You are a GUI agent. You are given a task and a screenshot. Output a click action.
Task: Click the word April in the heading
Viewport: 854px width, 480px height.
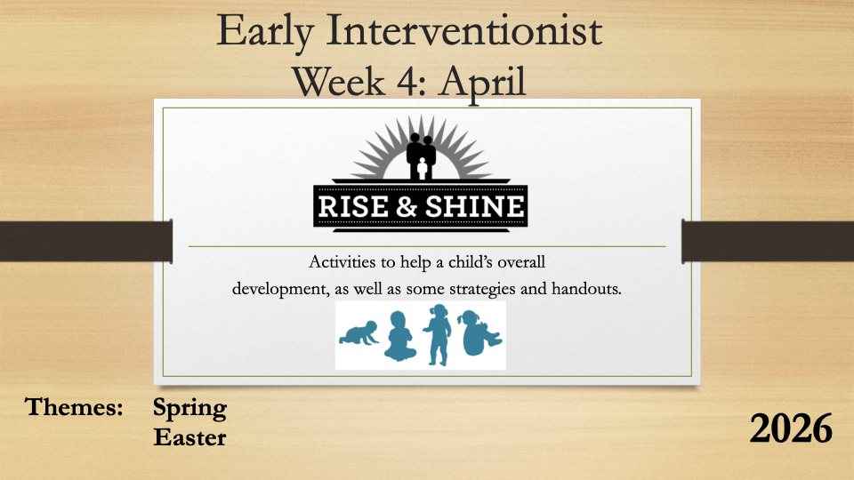(x=482, y=84)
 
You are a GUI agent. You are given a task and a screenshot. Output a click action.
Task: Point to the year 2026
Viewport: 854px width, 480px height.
(x=791, y=428)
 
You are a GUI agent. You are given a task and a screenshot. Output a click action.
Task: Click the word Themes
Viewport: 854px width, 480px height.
(x=74, y=406)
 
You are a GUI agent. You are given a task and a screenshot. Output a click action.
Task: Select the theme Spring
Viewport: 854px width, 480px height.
(x=189, y=409)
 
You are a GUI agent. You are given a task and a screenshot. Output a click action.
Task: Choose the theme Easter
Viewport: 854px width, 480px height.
(x=189, y=437)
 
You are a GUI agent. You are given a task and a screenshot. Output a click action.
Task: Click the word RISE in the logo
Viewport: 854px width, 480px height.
(x=353, y=207)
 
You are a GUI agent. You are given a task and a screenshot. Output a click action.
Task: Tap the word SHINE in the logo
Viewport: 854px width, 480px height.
(x=474, y=207)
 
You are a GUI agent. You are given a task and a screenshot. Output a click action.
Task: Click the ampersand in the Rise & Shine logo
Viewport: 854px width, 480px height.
(x=407, y=207)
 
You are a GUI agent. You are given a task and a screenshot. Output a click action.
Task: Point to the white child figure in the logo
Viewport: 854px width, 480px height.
(x=422, y=169)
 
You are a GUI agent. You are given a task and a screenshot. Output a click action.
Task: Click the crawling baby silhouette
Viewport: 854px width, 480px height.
(x=359, y=333)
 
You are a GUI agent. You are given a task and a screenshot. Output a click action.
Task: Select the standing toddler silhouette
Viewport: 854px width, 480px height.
(x=438, y=334)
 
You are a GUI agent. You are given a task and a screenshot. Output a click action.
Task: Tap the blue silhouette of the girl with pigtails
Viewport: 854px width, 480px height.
(x=479, y=333)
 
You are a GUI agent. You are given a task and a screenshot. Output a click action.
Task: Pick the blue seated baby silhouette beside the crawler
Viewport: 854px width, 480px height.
(x=399, y=336)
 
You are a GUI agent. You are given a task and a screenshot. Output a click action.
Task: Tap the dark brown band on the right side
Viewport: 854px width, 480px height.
(x=768, y=242)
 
